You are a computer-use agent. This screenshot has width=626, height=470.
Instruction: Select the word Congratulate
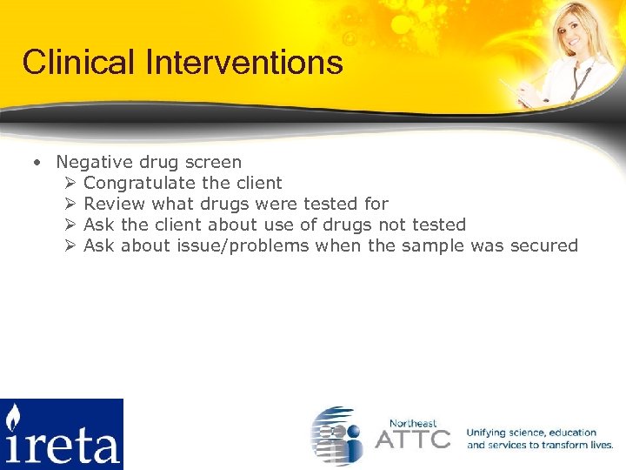pos(139,183)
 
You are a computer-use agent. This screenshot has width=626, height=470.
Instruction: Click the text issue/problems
pos(243,245)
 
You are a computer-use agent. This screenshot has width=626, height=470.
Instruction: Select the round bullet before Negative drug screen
pos(37,163)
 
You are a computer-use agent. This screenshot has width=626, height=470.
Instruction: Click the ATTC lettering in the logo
pos(412,438)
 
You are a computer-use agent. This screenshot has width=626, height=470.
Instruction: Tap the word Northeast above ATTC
pos(413,422)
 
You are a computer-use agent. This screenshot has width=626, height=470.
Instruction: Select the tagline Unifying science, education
pos(531,433)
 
